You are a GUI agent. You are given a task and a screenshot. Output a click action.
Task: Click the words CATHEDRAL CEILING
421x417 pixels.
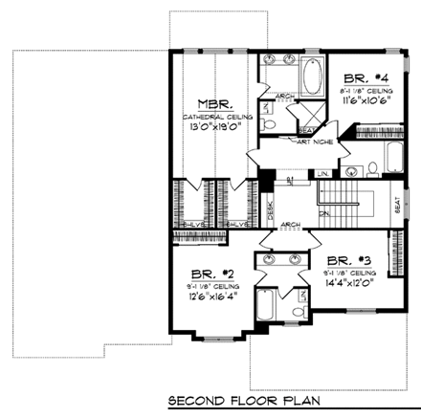210,116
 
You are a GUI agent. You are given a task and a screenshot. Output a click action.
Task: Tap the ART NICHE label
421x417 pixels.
288,143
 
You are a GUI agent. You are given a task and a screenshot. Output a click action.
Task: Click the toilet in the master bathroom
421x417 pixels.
271,124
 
